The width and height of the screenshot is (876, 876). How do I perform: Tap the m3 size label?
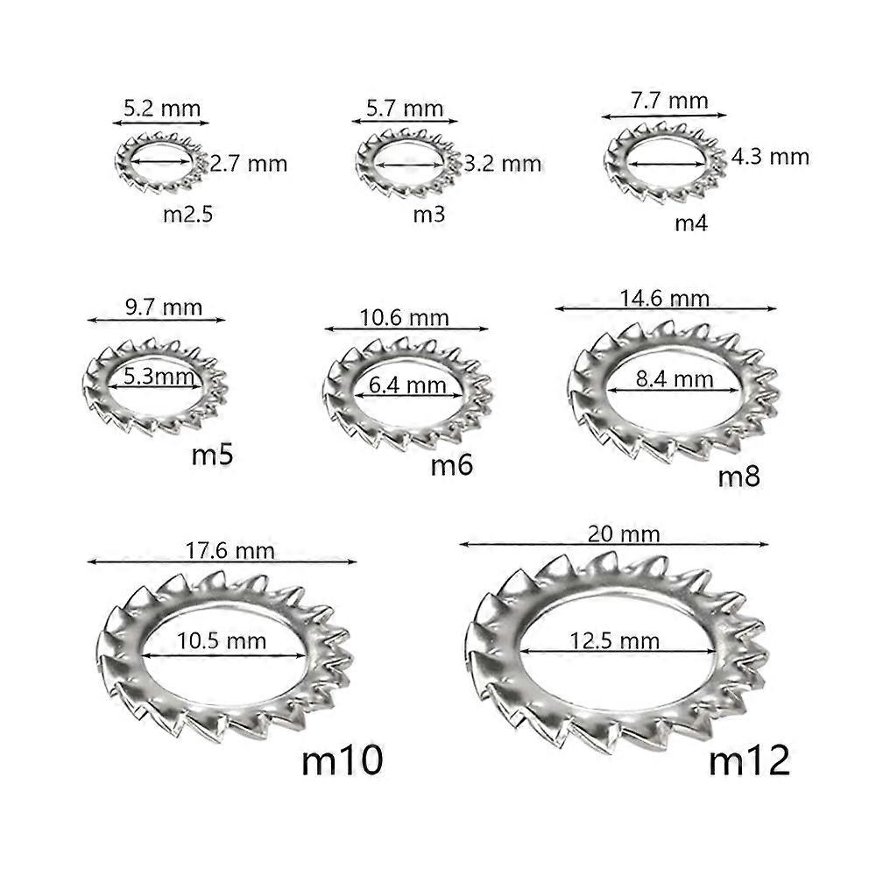pyautogui.click(x=429, y=215)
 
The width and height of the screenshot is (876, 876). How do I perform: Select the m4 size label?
pyautogui.click(x=690, y=223)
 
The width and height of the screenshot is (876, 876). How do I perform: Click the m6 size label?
pyautogui.click(x=452, y=464)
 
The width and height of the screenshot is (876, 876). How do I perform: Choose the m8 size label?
pyautogui.click(x=739, y=477)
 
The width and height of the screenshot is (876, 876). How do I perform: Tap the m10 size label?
pyautogui.click(x=343, y=759)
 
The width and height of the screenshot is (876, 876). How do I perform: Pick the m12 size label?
pyautogui.click(x=749, y=759)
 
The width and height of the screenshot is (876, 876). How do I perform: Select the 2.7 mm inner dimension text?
pyautogui.click(x=248, y=163)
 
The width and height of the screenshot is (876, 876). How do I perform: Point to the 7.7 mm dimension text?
pyautogui.click(x=668, y=101)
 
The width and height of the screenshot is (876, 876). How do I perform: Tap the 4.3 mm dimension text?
pyautogui.click(x=771, y=157)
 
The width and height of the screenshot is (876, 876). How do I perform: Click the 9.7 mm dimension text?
pyautogui.click(x=163, y=307)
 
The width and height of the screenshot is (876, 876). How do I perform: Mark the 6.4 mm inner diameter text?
pyautogui.click(x=407, y=385)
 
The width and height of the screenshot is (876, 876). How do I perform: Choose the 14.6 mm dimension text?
pyautogui.click(x=664, y=298)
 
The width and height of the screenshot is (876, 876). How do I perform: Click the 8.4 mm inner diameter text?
pyautogui.click(x=674, y=379)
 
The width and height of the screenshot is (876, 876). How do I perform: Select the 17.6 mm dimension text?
pyautogui.click(x=230, y=550)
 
